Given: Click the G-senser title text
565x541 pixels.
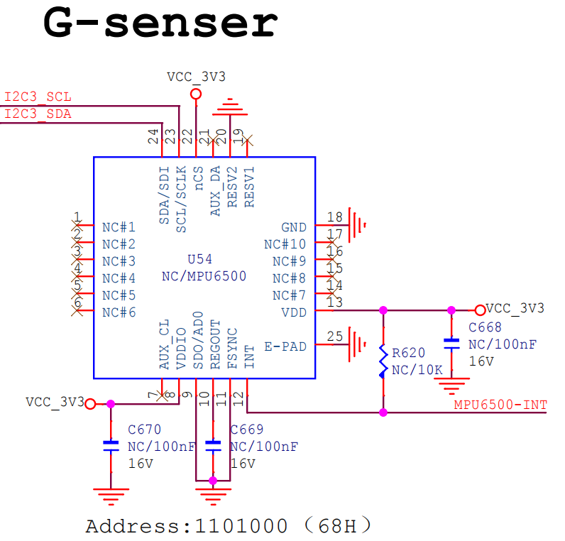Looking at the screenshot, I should click(x=160, y=23).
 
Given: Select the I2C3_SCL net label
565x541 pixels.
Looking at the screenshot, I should click(x=38, y=97).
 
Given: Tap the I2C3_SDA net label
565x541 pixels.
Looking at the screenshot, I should click(x=38, y=114).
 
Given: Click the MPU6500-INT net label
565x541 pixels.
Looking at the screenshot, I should click(x=500, y=405).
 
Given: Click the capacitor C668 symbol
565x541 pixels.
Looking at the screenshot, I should click(x=451, y=344).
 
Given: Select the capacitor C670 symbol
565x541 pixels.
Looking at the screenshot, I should click(x=111, y=446).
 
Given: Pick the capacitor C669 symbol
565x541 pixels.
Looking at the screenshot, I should click(x=213, y=446).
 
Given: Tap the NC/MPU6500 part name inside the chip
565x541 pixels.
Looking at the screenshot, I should click(x=205, y=276).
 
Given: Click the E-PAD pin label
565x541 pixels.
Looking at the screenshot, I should click(x=285, y=346).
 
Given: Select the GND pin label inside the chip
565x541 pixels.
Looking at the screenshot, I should click(x=294, y=227).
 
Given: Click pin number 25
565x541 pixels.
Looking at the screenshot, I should click(x=334, y=336).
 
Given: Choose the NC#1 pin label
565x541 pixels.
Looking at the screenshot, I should click(x=119, y=227).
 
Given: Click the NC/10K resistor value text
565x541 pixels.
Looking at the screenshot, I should click(x=417, y=370).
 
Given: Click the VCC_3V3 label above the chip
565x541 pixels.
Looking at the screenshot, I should click(x=196, y=77).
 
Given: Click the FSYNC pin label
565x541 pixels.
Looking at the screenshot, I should click(x=233, y=349).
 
